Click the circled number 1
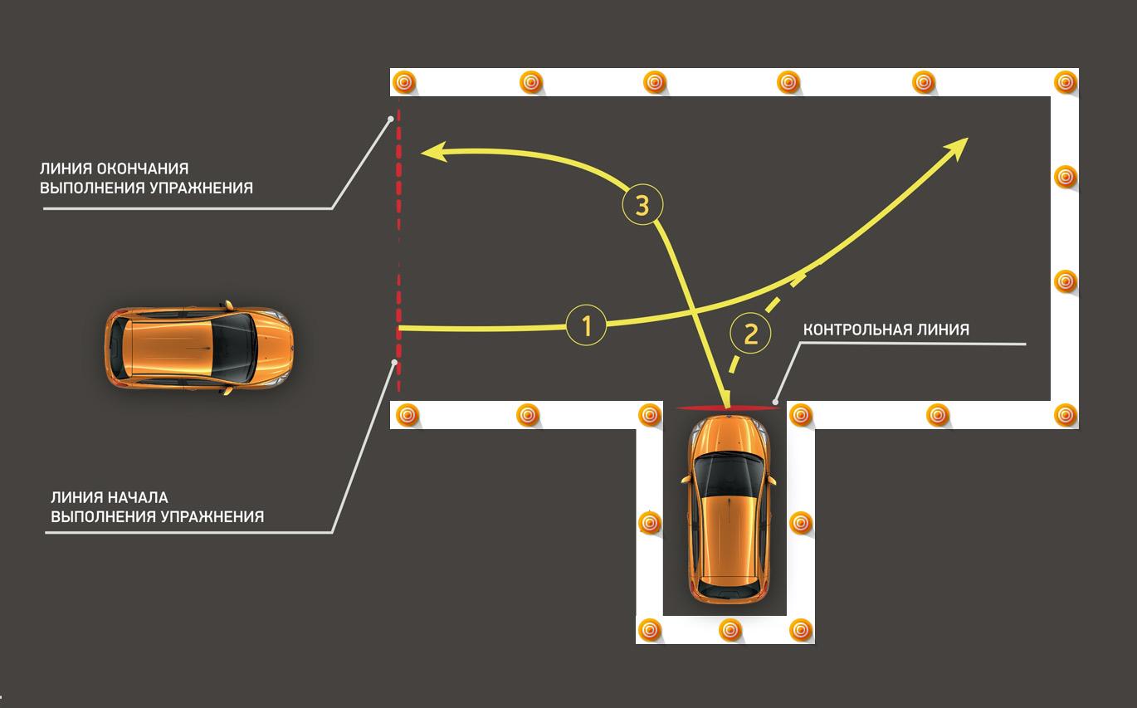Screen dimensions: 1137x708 [586, 325]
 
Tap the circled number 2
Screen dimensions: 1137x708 [750, 334]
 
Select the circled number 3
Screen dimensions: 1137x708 [642, 205]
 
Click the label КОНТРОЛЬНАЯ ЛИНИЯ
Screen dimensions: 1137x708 [886, 330]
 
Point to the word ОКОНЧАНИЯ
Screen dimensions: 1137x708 [143, 168]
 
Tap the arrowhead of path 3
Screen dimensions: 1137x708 [434, 152]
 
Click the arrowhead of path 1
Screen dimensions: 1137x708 [957, 147]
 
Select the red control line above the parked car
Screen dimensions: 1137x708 [727, 407]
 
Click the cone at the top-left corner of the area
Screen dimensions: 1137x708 [404, 81]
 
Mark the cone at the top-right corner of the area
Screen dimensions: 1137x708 [1065, 81]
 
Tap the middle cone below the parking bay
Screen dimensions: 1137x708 [730, 630]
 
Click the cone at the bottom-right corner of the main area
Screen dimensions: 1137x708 [1065, 415]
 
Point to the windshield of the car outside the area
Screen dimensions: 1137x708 [233, 348]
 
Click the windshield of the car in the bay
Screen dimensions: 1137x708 [729, 476]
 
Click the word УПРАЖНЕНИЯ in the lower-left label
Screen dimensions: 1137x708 [212, 516]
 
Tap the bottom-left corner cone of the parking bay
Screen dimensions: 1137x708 [649, 630]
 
